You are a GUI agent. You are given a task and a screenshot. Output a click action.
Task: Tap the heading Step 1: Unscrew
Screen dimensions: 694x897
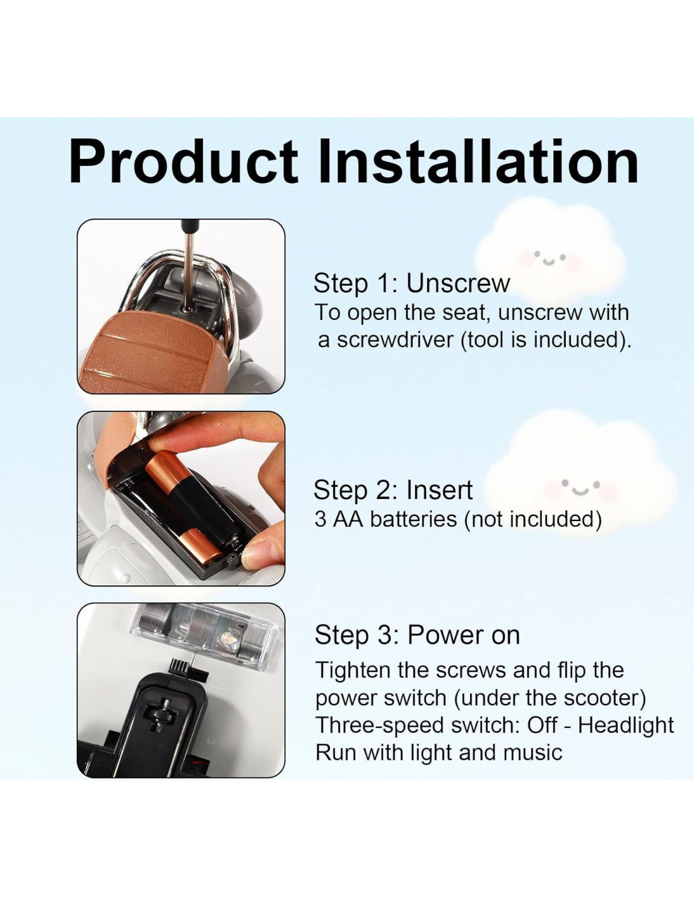(411, 284)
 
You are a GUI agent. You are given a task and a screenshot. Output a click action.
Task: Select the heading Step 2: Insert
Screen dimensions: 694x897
(392, 490)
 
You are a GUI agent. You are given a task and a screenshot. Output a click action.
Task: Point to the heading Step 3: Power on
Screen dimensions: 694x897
(417, 635)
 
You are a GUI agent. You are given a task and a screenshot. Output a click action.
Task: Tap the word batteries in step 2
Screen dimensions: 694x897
(413, 519)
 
